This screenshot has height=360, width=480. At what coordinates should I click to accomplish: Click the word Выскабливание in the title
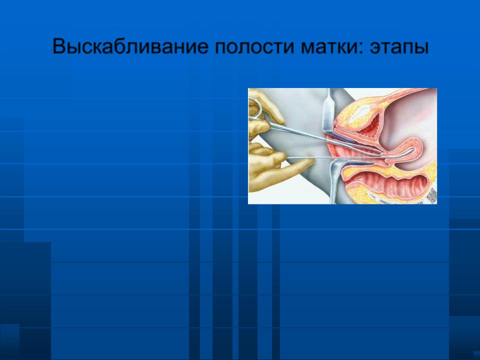click(130, 46)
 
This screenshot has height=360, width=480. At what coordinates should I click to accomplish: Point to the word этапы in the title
click(398, 47)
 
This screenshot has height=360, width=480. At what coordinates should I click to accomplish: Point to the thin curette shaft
click(333, 158)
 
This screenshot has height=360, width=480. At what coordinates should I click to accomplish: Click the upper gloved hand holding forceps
click(264, 115)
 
